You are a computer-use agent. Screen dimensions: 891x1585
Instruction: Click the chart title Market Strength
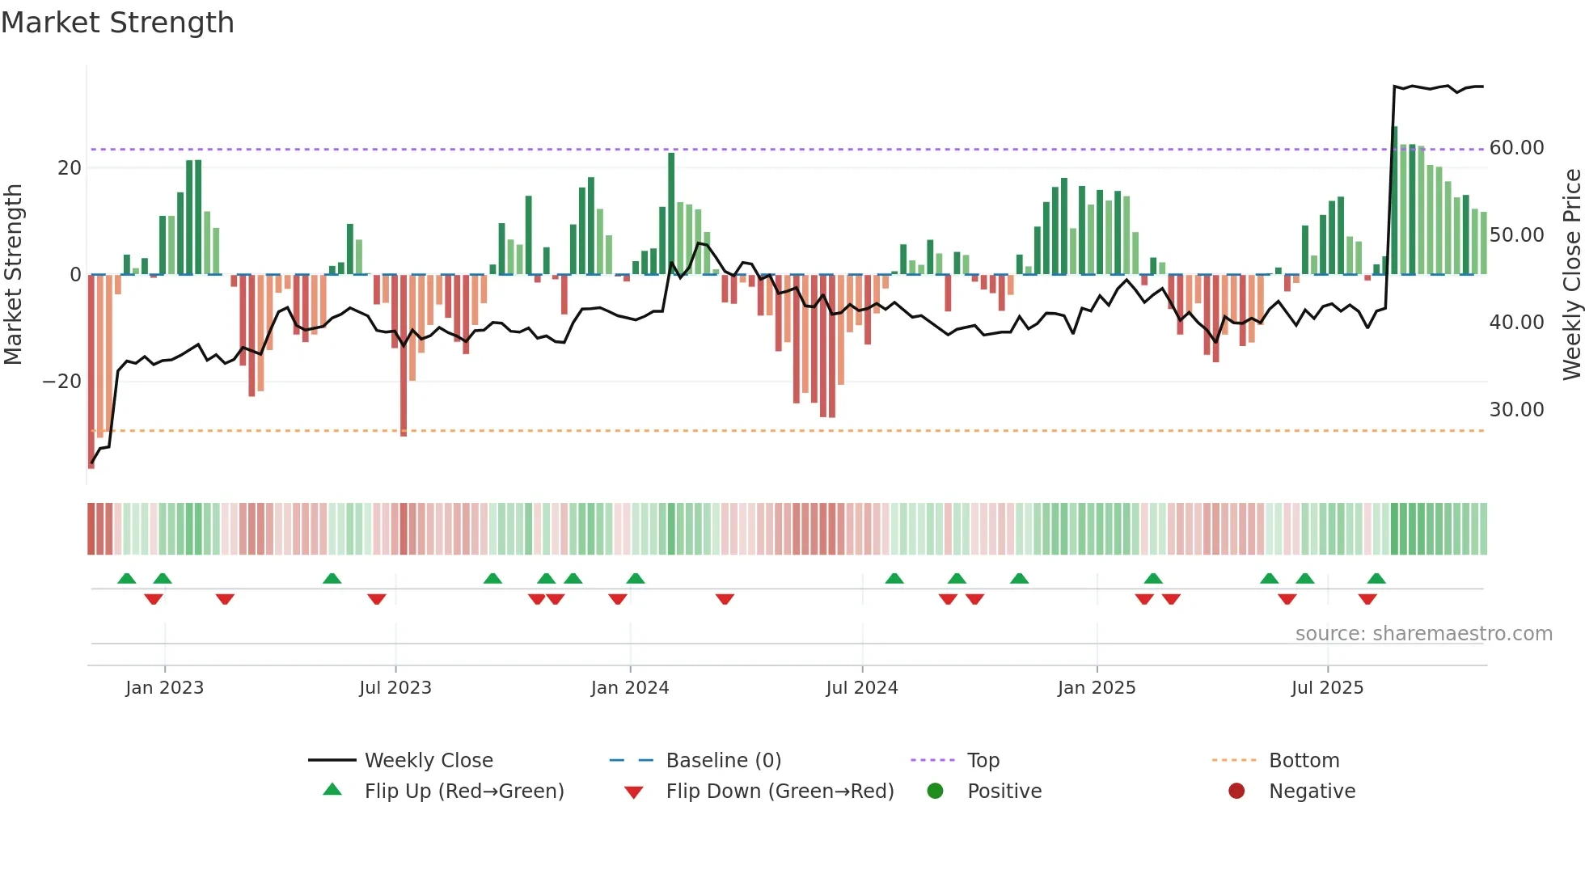click(117, 23)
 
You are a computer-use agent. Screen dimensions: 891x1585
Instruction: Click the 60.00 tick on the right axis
click(1516, 148)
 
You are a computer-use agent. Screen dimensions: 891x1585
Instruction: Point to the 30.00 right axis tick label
click(1516, 410)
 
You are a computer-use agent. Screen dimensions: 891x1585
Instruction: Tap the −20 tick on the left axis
click(62, 382)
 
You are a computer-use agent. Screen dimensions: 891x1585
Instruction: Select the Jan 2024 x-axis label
click(630, 688)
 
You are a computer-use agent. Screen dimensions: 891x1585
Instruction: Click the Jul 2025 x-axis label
click(1327, 688)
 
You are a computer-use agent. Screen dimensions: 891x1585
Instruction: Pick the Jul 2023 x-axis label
click(395, 688)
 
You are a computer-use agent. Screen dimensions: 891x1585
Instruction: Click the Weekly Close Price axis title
click(1571, 275)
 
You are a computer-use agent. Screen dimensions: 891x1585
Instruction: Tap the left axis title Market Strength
click(13, 275)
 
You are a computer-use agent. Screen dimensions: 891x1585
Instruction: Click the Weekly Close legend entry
click(428, 761)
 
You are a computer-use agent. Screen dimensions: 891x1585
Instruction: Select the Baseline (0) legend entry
click(723, 761)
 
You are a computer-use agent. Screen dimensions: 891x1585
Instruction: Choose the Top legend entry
click(983, 761)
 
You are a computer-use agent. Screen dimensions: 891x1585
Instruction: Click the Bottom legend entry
click(1304, 761)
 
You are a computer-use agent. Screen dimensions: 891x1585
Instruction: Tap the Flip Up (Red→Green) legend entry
click(463, 792)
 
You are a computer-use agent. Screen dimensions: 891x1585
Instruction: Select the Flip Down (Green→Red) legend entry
click(780, 792)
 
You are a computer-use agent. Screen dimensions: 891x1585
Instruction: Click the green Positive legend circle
click(936, 792)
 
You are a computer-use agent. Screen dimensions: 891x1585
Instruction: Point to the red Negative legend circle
click(1236, 792)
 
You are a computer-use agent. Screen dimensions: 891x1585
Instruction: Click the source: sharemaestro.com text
click(1423, 634)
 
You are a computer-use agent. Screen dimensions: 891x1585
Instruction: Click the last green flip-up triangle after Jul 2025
click(1376, 579)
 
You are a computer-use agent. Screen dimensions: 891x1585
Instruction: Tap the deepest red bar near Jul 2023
click(404, 356)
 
